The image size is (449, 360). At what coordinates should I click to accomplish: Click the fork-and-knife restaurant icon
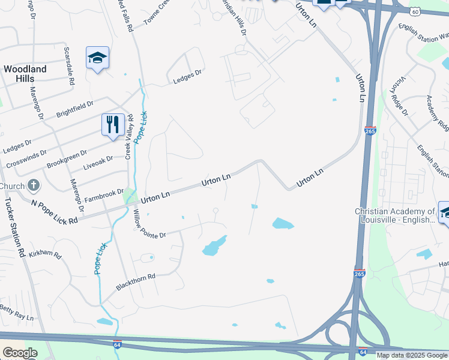point(112,125)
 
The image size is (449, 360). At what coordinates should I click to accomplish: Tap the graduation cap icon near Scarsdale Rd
point(97,58)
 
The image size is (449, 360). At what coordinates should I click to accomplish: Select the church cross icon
point(34,186)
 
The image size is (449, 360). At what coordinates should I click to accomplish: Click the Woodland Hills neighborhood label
point(25,74)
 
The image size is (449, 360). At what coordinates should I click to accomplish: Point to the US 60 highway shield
point(415,11)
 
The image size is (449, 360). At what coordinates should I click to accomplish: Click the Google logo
point(20,352)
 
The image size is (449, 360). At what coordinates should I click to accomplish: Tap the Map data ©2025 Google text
point(412,355)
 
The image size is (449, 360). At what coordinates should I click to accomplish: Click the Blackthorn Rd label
point(136,283)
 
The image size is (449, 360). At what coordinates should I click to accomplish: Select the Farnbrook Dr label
point(103,194)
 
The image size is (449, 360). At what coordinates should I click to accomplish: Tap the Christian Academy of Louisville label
point(394,215)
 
